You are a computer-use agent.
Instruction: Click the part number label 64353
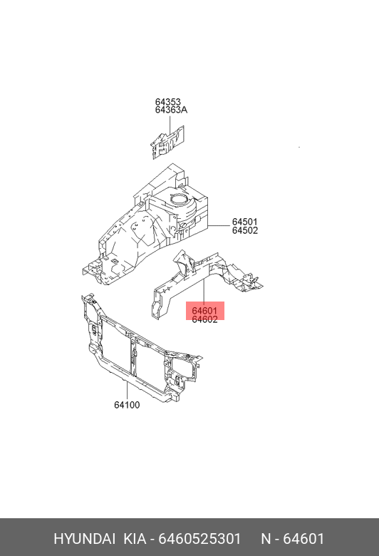click(167, 102)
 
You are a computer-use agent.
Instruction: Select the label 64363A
click(171, 110)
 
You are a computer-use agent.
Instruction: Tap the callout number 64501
click(245, 222)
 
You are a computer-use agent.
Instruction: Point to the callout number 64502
click(245, 230)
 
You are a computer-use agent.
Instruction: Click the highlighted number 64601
click(204, 311)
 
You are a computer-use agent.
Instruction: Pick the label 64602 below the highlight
click(204, 319)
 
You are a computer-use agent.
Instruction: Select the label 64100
click(127, 405)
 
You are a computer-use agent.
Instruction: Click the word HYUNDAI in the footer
click(84, 539)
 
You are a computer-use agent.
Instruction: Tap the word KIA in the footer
click(135, 539)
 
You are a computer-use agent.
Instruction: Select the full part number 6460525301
click(199, 539)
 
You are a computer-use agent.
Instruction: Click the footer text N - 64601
click(293, 539)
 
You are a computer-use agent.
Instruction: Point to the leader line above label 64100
click(127, 391)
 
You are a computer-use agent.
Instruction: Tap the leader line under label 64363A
click(170, 124)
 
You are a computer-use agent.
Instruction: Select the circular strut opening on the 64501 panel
click(180, 199)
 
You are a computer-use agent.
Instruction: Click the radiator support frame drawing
click(142, 348)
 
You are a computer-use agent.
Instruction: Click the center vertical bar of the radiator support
click(133, 356)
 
